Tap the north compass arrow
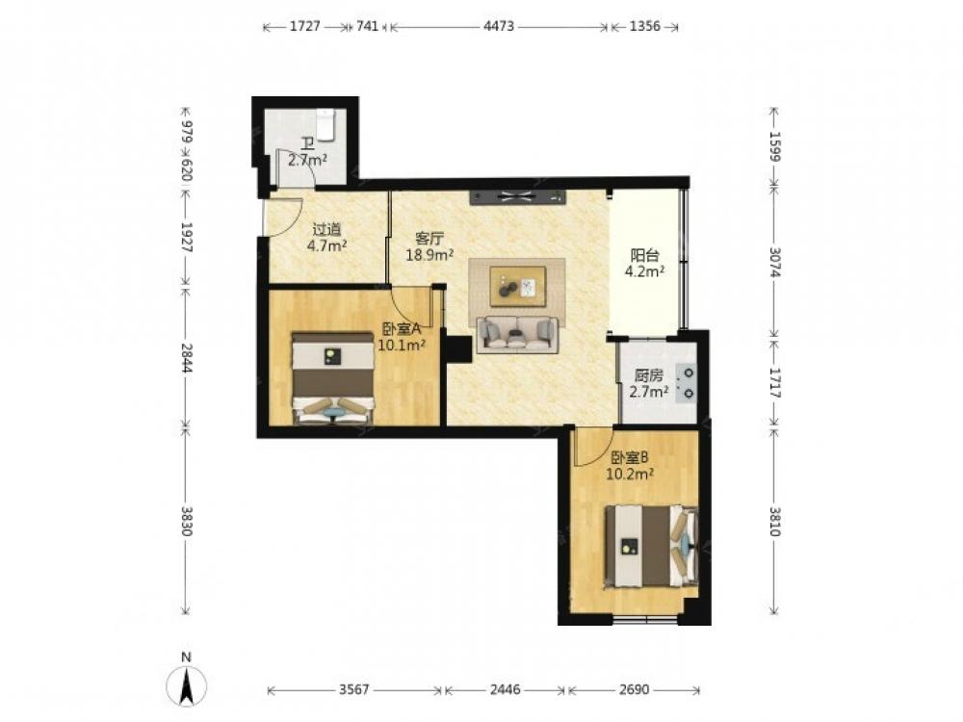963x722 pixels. pyautogui.click(x=187, y=685)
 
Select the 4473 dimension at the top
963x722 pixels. pyautogui.click(x=499, y=26)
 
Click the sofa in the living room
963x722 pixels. pyautogui.click(x=518, y=335)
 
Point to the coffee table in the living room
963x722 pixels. pyautogui.click(x=517, y=286)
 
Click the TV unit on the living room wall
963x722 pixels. pyautogui.click(x=518, y=197)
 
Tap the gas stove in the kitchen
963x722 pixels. pyautogui.click(x=686, y=382)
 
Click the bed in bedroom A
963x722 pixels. pyautogui.click(x=333, y=378)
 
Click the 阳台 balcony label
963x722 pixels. pyautogui.click(x=645, y=255)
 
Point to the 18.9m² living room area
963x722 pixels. pyautogui.click(x=429, y=254)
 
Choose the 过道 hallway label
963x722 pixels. pyautogui.click(x=326, y=230)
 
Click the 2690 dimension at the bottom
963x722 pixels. pyautogui.click(x=634, y=690)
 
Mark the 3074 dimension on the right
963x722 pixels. pyautogui.click(x=774, y=262)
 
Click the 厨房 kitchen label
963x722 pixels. pyautogui.click(x=648, y=375)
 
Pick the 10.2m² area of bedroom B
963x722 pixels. pyautogui.click(x=630, y=474)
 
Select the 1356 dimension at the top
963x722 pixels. pyautogui.click(x=645, y=26)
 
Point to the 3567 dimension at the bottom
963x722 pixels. pyautogui.click(x=354, y=690)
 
